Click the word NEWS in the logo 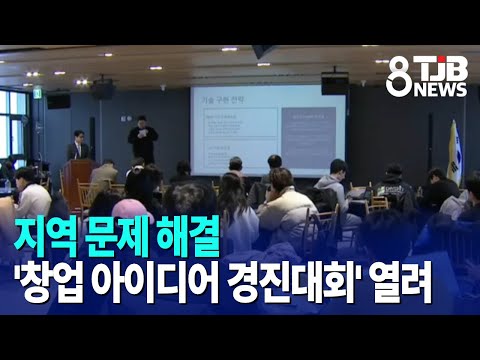pos(441,89)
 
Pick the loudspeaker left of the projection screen pos(103,90)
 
